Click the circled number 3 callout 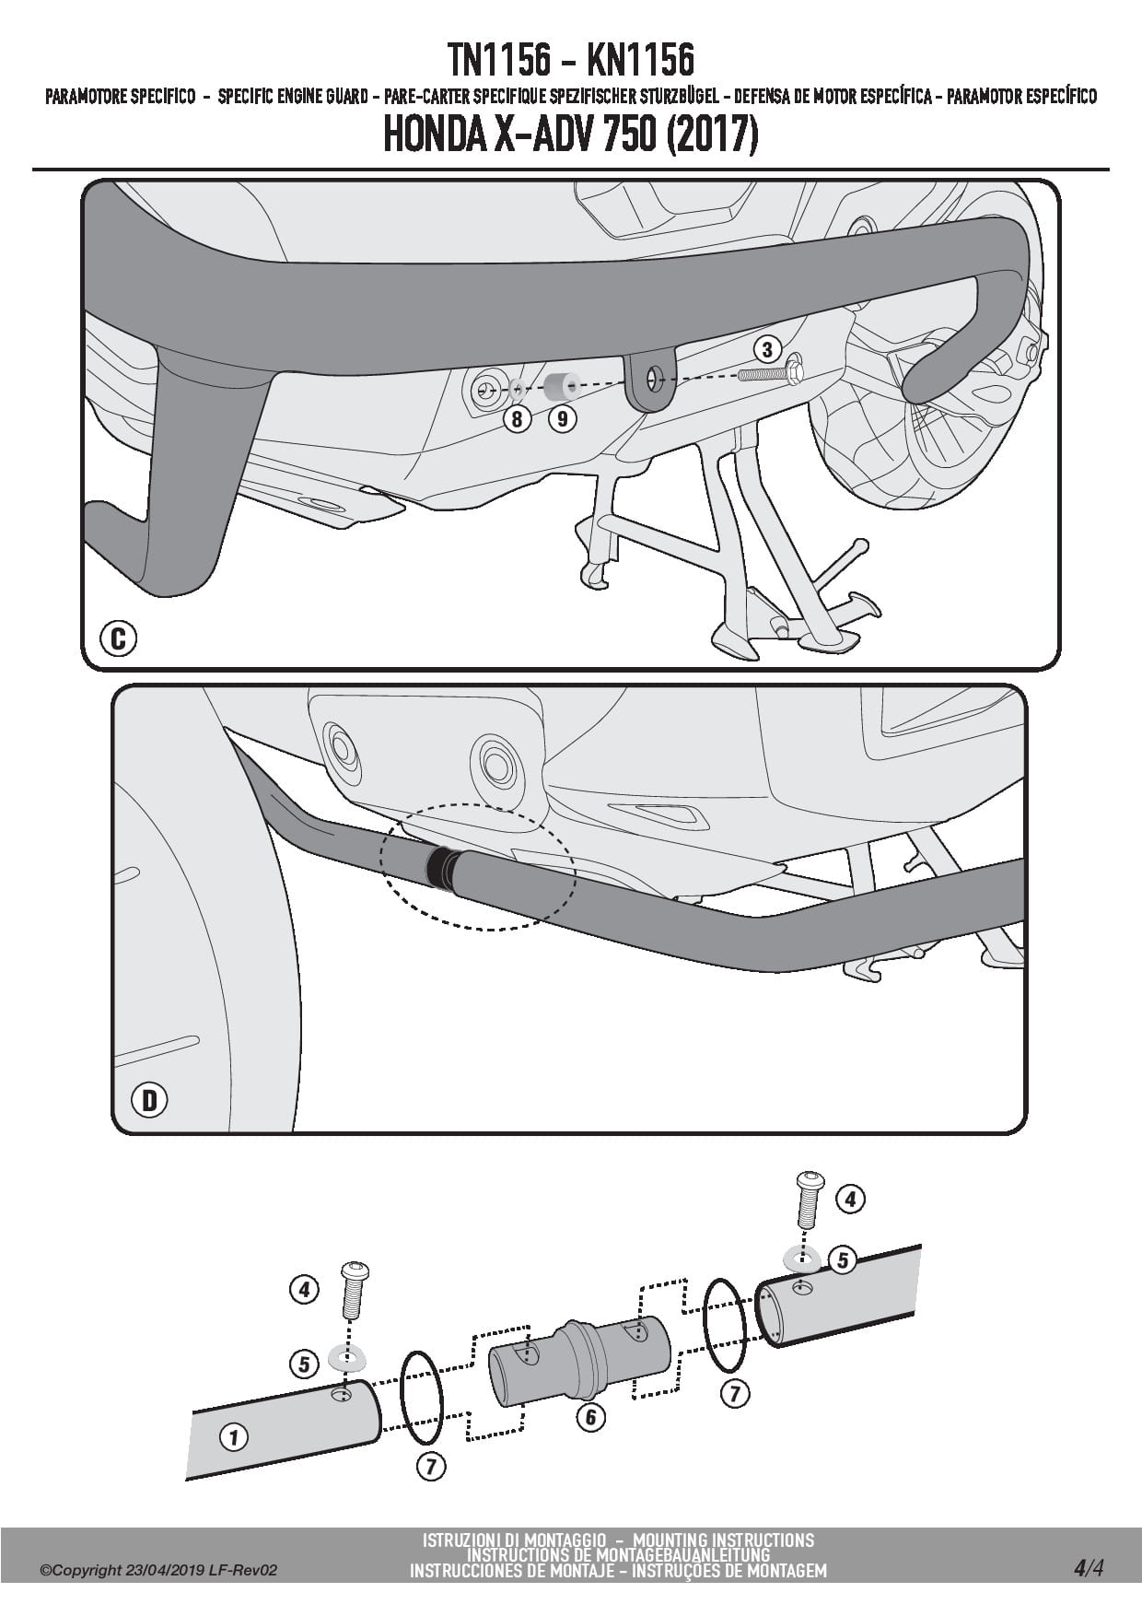767,349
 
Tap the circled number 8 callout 518,419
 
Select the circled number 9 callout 562,419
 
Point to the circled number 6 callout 590,1416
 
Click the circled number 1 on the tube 234,1436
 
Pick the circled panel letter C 118,638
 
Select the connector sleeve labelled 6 577,1356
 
